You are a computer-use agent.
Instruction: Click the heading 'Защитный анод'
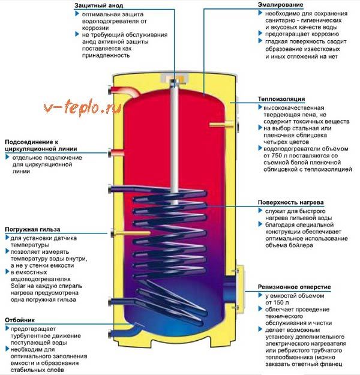tap(98, 5)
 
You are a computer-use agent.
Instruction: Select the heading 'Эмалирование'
tap(281, 5)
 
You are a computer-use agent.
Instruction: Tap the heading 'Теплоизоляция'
tap(281, 99)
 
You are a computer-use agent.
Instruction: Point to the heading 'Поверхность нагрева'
tap(290, 202)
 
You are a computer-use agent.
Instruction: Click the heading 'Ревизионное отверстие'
tap(294, 287)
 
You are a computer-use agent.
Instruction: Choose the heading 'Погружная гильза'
tap(32, 229)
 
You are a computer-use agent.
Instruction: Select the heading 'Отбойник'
tap(20, 320)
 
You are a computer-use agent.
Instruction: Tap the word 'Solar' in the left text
tap(19, 286)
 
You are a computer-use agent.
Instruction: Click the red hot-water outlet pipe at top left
tap(124, 92)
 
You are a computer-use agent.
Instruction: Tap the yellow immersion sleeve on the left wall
tap(131, 233)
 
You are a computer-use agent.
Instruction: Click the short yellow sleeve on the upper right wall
tap(221, 124)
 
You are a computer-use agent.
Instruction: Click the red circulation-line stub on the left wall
tap(117, 152)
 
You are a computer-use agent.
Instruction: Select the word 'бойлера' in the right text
tap(301, 245)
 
